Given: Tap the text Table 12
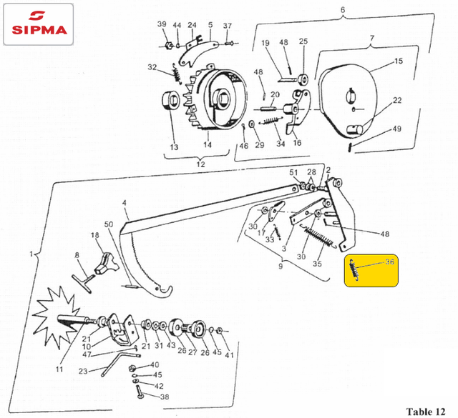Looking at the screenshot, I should pyautogui.click(x=428, y=411).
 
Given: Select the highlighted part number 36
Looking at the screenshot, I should pyautogui.click(x=390, y=262).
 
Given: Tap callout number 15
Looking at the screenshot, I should pyautogui.click(x=399, y=61).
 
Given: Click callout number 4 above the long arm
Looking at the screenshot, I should pyautogui.click(x=124, y=202).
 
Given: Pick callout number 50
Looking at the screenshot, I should pyautogui.click(x=109, y=224).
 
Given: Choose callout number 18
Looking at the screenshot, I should pyautogui.click(x=94, y=235).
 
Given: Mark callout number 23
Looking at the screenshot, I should pyautogui.click(x=83, y=371).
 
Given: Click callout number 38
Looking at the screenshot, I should pyautogui.click(x=165, y=397).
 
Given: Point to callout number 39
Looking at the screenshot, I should pyautogui.click(x=162, y=24).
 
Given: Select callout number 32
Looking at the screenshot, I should pyautogui.click(x=152, y=67).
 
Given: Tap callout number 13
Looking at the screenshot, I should pyautogui.click(x=174, y=147).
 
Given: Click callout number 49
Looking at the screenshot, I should pyautogui.click(x=397, y=129).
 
